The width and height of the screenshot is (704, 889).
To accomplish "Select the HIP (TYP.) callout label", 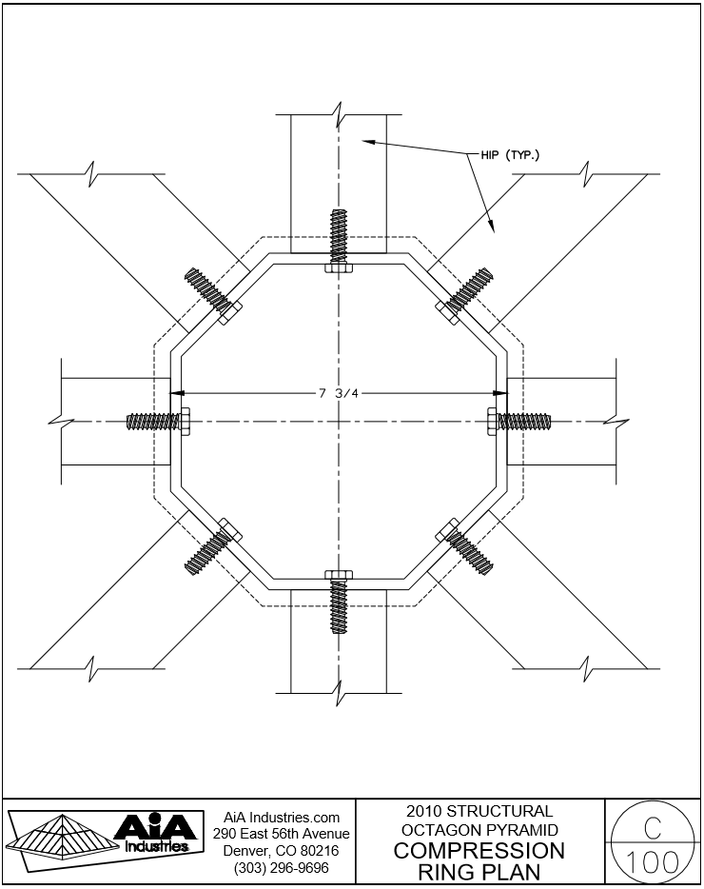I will tap(509, 155).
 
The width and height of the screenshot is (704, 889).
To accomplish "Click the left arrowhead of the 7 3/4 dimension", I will tap(176, 393).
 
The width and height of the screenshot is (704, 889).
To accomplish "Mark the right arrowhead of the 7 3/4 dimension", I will tap(500, 393).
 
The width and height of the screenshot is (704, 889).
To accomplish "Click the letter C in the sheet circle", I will tap(653, 825).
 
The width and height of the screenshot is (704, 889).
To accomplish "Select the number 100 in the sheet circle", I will tap(653, 862).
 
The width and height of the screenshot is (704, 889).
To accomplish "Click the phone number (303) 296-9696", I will tap(281, 868).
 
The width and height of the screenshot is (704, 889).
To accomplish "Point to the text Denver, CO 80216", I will tap(281, 850).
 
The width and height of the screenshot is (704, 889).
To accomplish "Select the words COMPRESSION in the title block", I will tap(479, 850).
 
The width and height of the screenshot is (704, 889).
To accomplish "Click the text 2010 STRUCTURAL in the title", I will tap(479, 812).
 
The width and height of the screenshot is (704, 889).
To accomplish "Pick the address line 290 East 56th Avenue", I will tap(281, 834).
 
